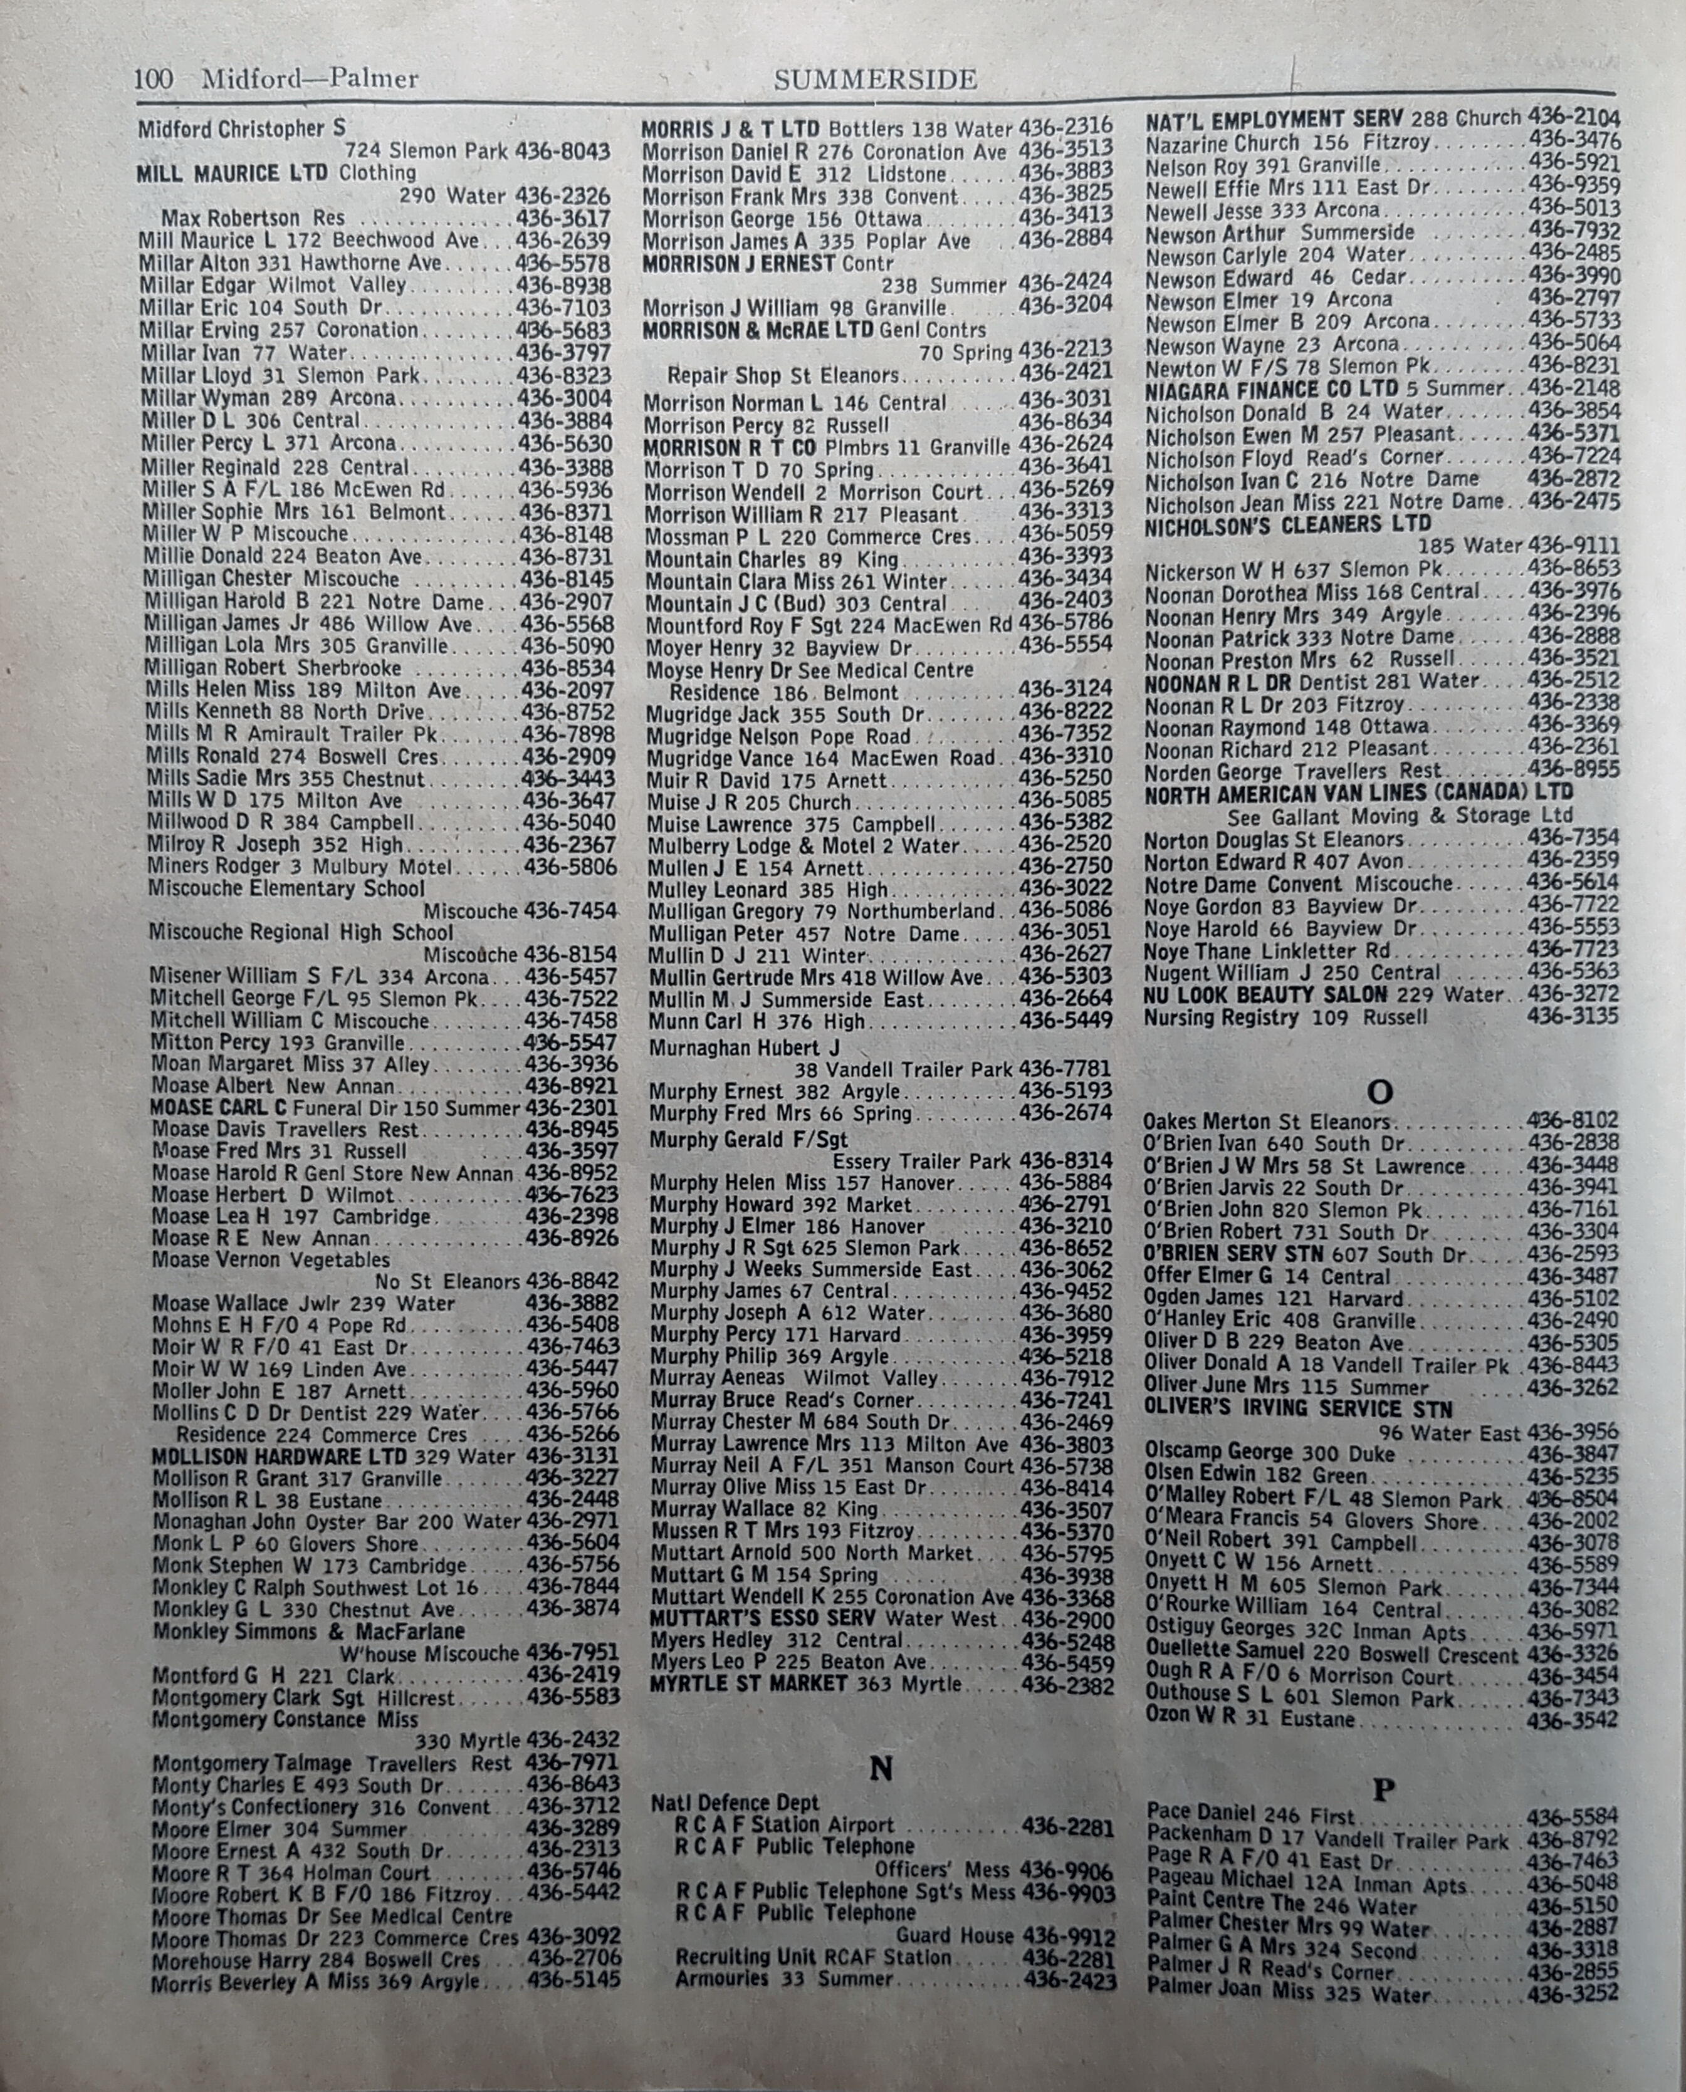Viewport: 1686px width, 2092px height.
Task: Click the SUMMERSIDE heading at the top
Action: (x=875, y=80)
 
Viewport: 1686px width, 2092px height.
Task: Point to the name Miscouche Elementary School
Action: (x=286, y=888)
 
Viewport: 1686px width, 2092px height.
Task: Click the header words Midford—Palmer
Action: (x=310, y=79)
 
